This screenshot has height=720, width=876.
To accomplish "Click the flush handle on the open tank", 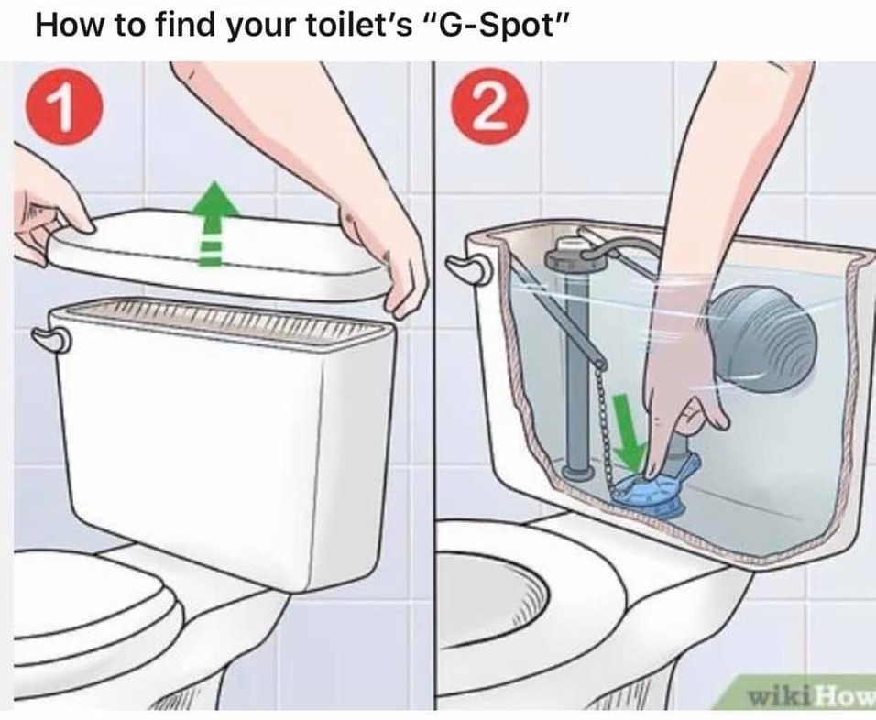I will coord(467,267).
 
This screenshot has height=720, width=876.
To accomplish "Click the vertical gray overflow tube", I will coord(576,366).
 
